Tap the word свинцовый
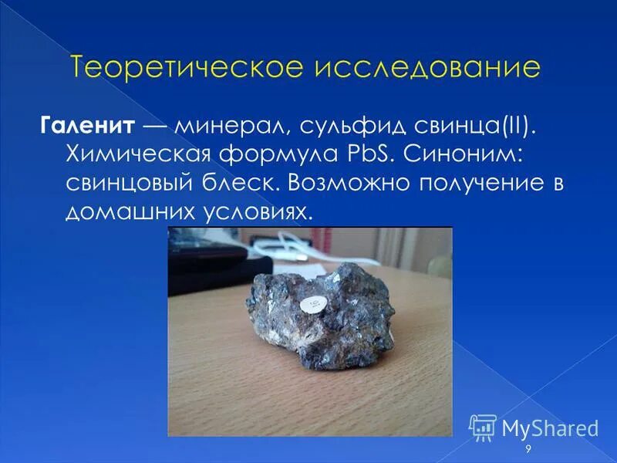click(x=132, y=184)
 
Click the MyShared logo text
click(x=549, y=427)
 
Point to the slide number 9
click(x=528, y=449)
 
